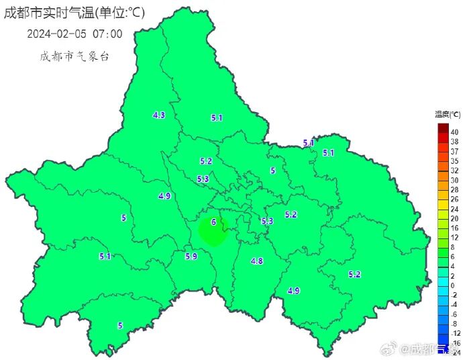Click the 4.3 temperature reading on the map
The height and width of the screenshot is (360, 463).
tap(159, 116)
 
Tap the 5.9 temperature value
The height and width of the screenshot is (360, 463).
tap(191, 256)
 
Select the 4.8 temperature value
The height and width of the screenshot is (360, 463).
tap(256, 261)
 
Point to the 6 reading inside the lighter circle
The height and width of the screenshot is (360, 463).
tap(213, 222)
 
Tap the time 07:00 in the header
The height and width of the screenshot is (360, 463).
tap(108, 34)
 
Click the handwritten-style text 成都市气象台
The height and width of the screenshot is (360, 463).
tap(74, 56)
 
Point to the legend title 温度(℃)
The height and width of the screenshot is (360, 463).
tap(448, 115)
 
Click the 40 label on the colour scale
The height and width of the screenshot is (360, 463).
tap(454, 132)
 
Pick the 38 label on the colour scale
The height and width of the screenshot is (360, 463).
tap(454, 142)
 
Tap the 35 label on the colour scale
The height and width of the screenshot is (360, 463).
tap(454, 161)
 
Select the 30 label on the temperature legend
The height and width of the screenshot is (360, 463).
tap(454, 180)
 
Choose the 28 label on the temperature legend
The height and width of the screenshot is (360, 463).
tap(454, 190)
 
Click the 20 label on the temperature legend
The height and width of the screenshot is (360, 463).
tap(454, 218)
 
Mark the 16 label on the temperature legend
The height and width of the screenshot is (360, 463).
tap(454, 228)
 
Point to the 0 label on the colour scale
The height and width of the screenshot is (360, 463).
tap(454, 285)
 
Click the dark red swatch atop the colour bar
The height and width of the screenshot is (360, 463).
tap(443, 128)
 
